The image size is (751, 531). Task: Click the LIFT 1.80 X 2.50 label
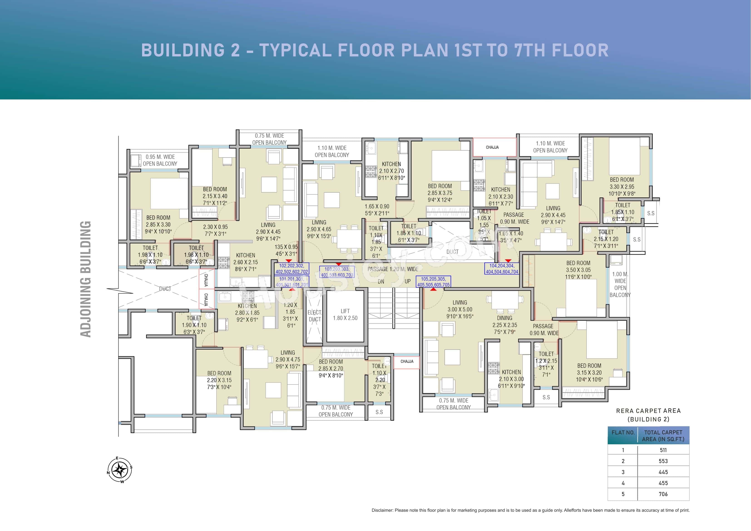click(345, 314)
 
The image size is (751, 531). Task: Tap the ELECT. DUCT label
click(314, 316)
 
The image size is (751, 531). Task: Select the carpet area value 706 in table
click(663, 494)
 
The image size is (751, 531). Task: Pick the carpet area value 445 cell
click(663, 472)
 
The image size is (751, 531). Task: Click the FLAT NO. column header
click(623, 432)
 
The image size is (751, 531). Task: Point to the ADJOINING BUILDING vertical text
click(86, 279)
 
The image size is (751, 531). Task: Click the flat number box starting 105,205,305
click(433, 282)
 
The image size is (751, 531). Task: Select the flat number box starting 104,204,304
click(502, 269)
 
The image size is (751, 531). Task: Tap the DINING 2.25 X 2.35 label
click(505, 325)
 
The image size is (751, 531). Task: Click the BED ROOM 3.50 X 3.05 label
click(578, 270)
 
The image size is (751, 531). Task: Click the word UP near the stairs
click(408, 281)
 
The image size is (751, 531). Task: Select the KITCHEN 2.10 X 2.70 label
click(392, 171)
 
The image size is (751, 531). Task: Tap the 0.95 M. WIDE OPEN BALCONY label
click(160, 160)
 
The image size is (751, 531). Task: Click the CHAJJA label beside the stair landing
click(407, 361)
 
